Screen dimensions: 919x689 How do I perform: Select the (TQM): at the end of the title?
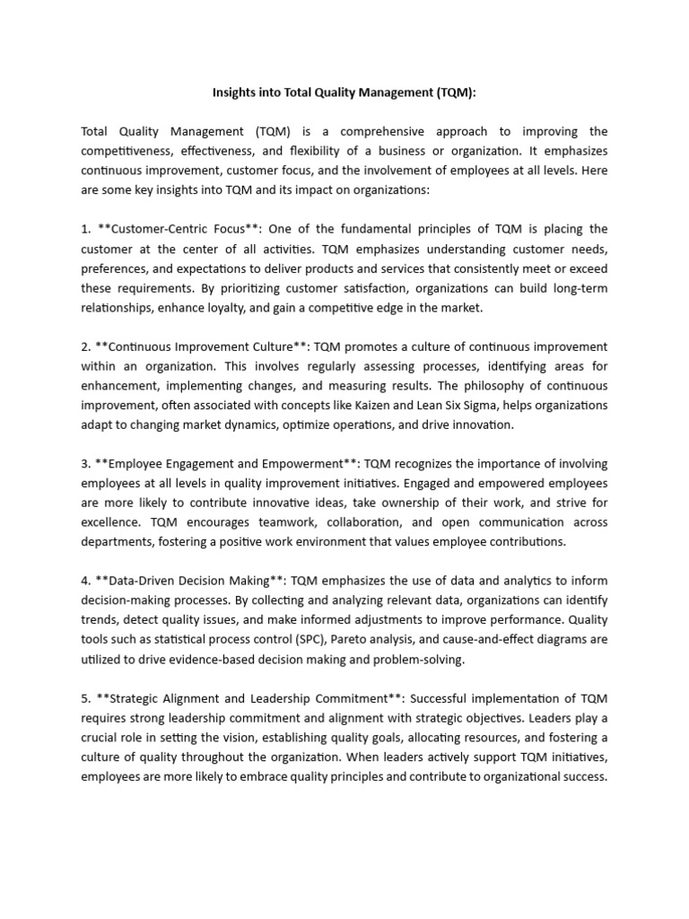click(454, 92)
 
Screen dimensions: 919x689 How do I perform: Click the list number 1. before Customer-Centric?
click(86, 229)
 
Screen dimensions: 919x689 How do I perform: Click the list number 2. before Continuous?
click(86, 346)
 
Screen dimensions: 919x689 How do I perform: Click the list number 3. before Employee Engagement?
click(86, 464)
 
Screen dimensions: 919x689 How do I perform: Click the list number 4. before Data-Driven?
click(86, 582)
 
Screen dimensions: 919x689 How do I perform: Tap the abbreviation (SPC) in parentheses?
click(347, 641)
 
